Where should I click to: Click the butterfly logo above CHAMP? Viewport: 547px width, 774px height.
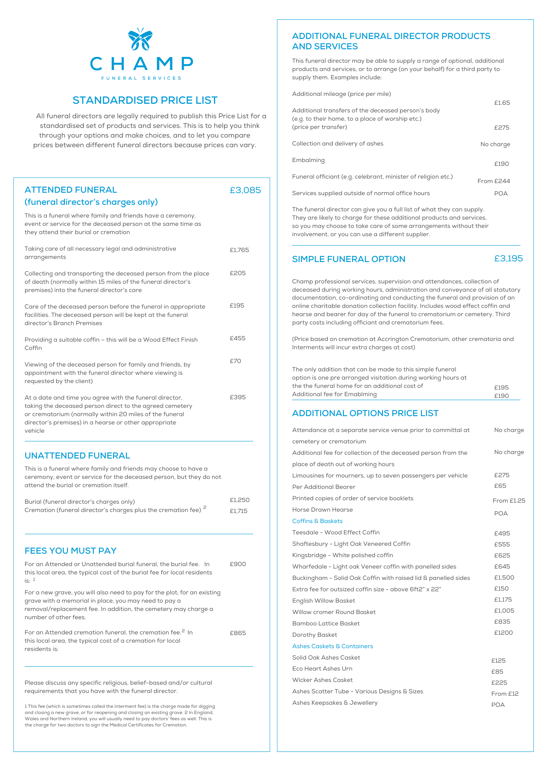click(x=140, y=39)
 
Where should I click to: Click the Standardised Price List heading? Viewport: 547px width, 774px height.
click(x=145, y=100)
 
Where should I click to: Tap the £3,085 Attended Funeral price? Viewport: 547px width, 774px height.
click(x=245, y=190)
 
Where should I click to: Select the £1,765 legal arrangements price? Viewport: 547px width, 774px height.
click(x=239, y=250)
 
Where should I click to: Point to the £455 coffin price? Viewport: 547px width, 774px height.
click(x=237, y=338)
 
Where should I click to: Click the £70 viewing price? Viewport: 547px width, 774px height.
click(x=235, y=361)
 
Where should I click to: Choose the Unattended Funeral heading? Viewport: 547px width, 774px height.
click(x=77, y=456)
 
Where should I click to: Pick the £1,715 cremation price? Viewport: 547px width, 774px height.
click(x=239, y=511)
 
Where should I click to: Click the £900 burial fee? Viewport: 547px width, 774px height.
click(x=238, y=564)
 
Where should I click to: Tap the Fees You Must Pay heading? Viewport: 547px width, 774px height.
click(x=71, y=551)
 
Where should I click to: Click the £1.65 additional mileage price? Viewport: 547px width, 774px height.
click(x=502, y=103)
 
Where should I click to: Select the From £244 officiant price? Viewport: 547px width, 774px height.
click(x=493, y=181)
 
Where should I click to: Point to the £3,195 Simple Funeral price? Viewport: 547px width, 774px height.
click(x=508, y=259)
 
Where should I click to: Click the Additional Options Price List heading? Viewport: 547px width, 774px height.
click(x=365, y=413)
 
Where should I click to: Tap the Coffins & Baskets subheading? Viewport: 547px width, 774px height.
click(x=317, y=521)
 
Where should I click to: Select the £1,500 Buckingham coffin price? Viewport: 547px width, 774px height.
click(x=504, y=577)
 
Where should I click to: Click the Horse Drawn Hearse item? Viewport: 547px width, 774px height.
click(x=322, y=510)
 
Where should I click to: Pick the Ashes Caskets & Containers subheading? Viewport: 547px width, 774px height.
click(x=332, y=646)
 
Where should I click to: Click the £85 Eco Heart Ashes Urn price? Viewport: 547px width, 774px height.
click(x=497, y=672)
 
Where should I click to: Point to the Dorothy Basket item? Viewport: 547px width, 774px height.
click(x=314, y=635)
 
